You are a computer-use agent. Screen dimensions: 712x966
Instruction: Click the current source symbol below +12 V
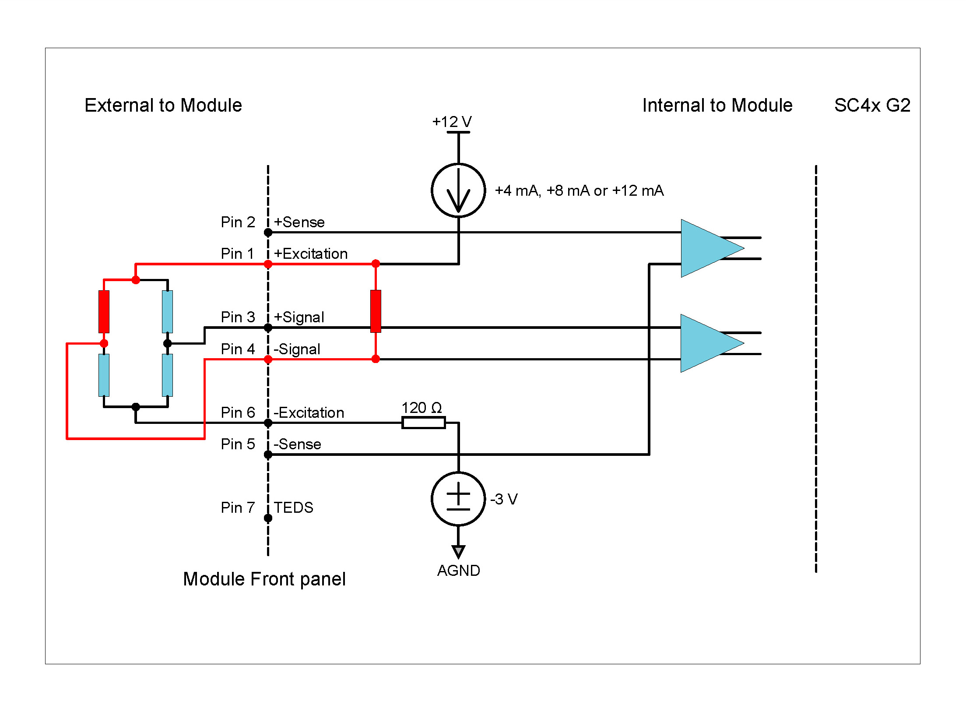(x=458, y=190)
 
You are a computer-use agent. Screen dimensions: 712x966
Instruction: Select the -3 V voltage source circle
(x=458, y=499)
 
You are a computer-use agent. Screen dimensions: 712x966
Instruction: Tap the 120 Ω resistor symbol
(x=423, y=423)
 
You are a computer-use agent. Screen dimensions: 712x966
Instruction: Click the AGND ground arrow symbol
(x=458, y=551)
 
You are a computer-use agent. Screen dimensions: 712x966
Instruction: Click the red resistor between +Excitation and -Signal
(x=376, y=311)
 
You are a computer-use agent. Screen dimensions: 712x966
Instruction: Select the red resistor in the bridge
(x=104, y=311)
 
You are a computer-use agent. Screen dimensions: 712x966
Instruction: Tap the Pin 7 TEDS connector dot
(x=268, y=518)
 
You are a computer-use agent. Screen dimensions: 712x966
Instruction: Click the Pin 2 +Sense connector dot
(x=268, y=233)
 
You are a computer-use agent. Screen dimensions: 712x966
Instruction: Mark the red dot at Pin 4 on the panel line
(x=268, y=360)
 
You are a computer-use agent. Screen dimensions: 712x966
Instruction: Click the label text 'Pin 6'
(x=238, y=412)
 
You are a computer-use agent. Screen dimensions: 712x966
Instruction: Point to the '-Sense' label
(x=298, y=444)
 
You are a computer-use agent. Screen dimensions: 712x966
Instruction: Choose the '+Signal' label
(x=299, y=317)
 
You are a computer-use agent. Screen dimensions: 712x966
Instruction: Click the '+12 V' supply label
(x=452, y=121)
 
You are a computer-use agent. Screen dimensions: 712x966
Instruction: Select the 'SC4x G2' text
(x=872, y=105)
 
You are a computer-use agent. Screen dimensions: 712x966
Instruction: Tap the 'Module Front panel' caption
(x=264, y=579)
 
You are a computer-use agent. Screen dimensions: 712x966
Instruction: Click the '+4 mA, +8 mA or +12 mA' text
(x=579, y=190)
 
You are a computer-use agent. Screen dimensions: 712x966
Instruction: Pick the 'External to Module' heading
(x=163, y=105)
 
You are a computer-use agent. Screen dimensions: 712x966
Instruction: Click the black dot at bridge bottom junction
(x=136, y=407)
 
